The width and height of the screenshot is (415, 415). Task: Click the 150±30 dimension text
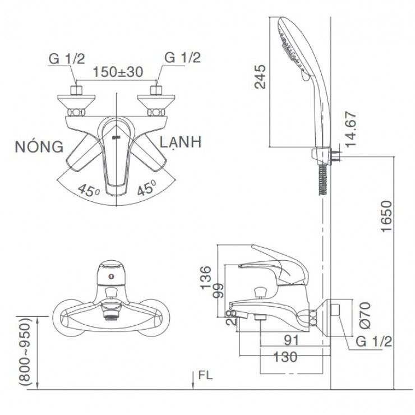118,72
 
